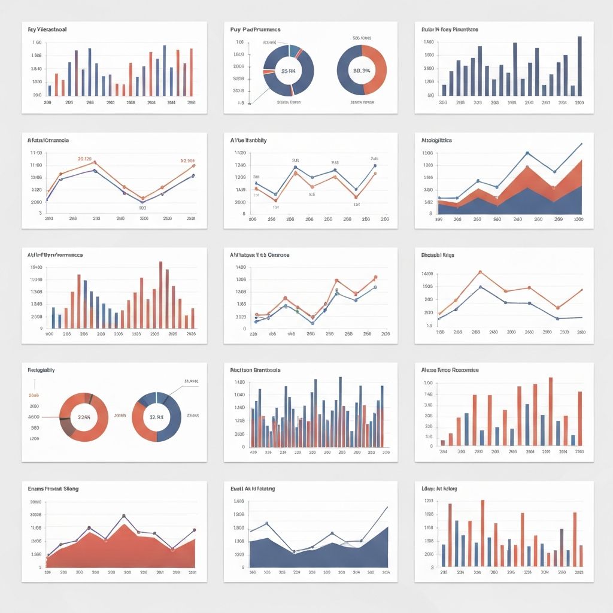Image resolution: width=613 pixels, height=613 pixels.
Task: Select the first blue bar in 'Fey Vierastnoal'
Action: pos(50,90)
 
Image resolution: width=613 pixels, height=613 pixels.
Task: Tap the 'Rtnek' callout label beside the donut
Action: pos(270,43)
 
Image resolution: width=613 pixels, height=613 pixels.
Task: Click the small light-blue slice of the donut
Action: pos(295,50)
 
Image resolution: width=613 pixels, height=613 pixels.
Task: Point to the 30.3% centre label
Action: pos(362,70)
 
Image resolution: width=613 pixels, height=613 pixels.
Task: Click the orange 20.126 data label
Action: pos(84,159)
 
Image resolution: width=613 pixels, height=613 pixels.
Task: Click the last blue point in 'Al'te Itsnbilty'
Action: pos(375,165)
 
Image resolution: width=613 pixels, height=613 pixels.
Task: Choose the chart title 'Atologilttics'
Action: pos(436,140)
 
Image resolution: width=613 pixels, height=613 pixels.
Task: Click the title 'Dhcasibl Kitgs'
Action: pos(438,255)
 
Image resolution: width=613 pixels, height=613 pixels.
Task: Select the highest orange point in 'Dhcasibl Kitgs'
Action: pos(480,272)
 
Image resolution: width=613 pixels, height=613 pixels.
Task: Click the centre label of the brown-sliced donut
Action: pos(83,417)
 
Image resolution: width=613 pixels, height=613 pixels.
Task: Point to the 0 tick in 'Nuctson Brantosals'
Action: pos(243,447)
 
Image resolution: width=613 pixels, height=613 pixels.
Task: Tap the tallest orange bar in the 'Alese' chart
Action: pos(551,411)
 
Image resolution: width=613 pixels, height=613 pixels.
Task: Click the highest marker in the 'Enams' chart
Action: pos(123,515)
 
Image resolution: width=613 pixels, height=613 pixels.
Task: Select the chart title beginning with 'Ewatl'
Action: pos(253,489)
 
